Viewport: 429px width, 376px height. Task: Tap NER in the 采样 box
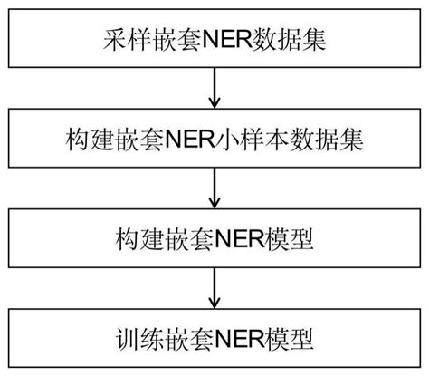[225, 40]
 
